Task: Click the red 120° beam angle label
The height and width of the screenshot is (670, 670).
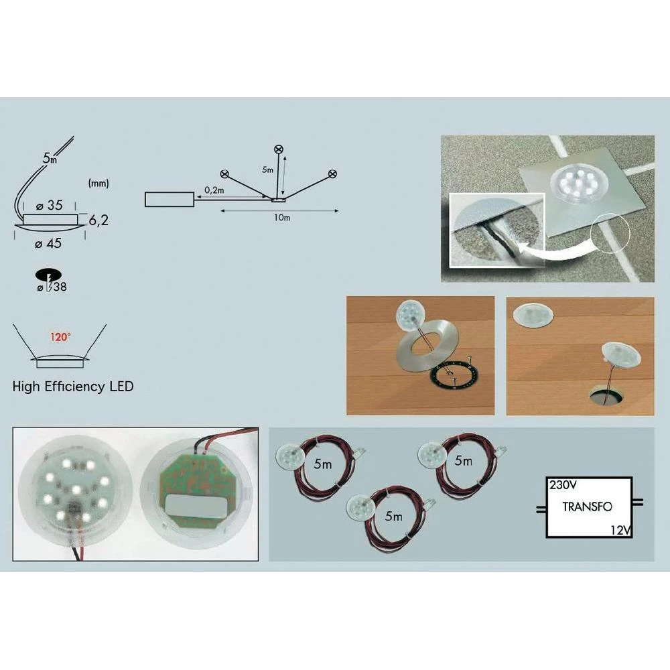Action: (x=60, y=337)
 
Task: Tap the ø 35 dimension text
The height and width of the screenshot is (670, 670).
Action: (x=49, y=206)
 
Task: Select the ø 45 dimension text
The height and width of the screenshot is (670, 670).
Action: (x=48, y=244)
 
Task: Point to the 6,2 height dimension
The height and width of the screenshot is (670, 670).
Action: (x=98, y=220)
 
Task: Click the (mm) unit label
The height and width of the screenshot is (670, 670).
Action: (x=98, y=184)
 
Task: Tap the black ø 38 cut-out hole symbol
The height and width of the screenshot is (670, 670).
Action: (x=48, y=275)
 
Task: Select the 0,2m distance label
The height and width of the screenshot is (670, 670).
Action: (x=214, y=190)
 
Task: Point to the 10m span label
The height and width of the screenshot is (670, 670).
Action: (x=282, y=218)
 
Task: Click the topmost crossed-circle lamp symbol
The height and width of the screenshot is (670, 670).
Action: (x=279, y=149)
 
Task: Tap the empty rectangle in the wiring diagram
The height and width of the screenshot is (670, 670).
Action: (x=170, y=200)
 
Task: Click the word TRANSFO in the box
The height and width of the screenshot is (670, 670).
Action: (x=587, y=507)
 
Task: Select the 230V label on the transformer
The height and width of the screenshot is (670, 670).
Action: (x=563, y=485)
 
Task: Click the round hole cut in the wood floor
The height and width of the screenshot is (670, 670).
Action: (x=604, y=395)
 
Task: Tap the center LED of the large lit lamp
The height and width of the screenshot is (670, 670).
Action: (x=76, y=489)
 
